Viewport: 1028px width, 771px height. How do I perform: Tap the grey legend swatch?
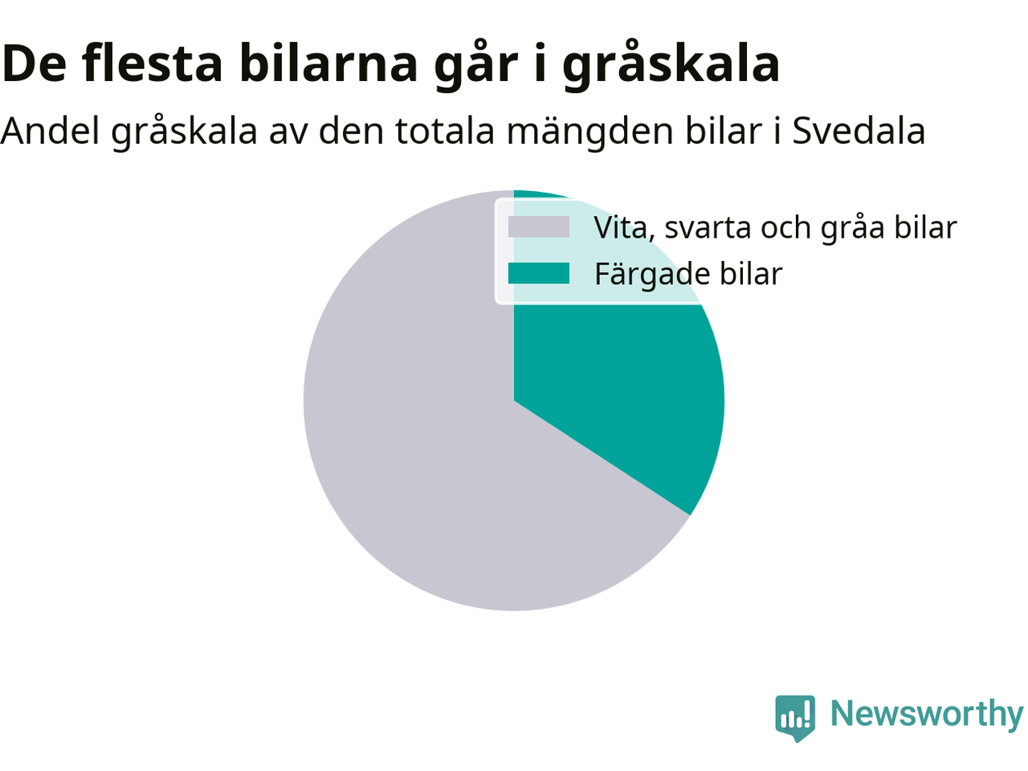coord(539,227)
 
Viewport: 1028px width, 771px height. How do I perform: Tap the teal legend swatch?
coord(539,273)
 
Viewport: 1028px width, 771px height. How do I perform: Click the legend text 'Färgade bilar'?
coord(688,274)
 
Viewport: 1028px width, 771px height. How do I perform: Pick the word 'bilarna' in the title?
coord(328,63)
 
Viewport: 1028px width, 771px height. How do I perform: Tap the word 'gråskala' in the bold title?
coord(671,66)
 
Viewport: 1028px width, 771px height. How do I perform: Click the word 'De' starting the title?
coord(34,63)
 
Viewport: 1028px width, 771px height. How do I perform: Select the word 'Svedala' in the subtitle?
coord(859,131)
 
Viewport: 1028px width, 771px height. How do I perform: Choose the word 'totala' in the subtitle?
coord(445,131)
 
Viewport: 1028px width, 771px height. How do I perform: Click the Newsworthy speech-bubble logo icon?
coord(795,718)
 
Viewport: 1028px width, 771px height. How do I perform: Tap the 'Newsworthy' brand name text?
coord(927,714)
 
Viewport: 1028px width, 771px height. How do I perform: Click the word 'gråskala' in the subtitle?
coord(184,133)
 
